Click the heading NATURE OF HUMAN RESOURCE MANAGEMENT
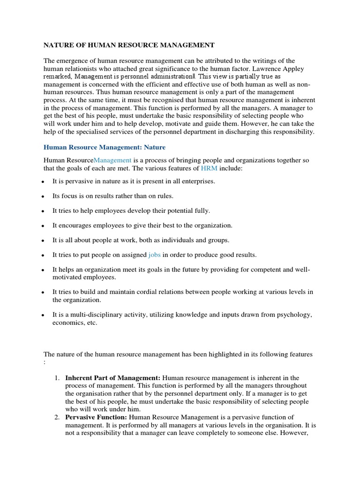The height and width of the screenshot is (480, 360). coord(129,45)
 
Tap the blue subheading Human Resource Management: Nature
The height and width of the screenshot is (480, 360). coord(105,147)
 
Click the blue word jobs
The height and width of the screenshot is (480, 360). coord(154,255)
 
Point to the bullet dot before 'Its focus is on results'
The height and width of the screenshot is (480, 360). coord(43,196)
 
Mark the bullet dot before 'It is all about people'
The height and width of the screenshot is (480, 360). coord(43,240)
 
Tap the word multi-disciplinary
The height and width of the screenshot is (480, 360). coord(92,314)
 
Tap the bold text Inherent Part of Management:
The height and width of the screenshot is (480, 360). coord(113,378)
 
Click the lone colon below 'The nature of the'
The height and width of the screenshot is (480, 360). coord(45,362)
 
